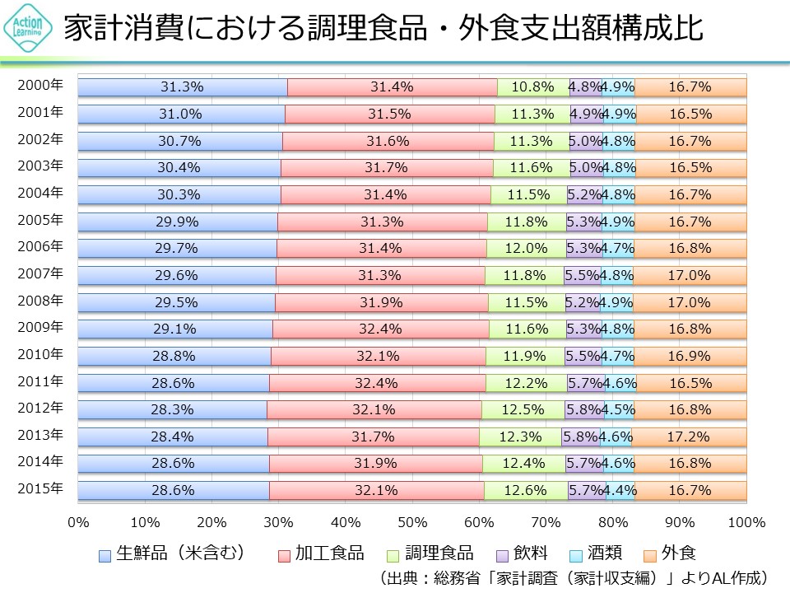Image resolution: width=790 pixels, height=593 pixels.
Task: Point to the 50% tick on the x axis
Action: (x=412, y=522)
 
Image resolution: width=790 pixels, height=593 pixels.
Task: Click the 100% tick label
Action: (x=746, y=522)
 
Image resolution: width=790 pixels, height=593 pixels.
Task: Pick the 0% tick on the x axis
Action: (x=78, y=522)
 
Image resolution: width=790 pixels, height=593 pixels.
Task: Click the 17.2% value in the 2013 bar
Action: (x=690, y=437)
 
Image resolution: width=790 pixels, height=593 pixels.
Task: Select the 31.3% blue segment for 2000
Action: (x=182, y=86)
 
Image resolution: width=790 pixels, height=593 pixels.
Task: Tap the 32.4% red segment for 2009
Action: (x=380, y=329)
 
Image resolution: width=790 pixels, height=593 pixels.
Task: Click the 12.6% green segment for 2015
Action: (x=527, y=490)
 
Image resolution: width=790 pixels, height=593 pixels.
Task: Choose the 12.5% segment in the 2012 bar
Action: (x=523, y=409)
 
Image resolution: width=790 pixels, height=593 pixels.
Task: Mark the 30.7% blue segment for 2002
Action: (x=179, y=141)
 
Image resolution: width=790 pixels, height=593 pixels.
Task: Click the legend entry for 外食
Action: (x=670, y=553)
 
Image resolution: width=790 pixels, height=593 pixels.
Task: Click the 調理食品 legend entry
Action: (x=434, y=553)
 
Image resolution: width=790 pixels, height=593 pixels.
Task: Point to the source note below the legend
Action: (x=574, y=577)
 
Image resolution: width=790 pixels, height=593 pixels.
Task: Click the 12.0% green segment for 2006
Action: (x=526, y=248)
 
